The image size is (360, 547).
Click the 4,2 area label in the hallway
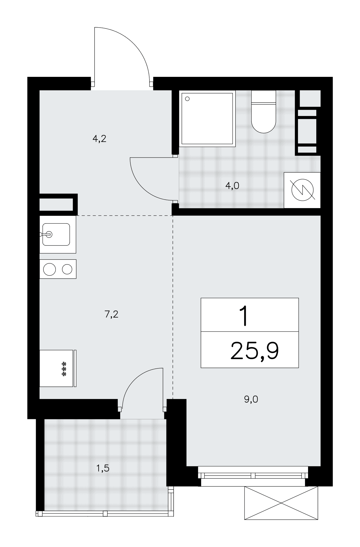pyautogui.click(x=99, y=139)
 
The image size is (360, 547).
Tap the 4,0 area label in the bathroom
pyautogui.click(x=232, y=186)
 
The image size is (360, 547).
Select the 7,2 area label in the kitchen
pyautogui.click(x=111, y=315)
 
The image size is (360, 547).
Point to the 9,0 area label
pyautogui.click(x=251, y=400)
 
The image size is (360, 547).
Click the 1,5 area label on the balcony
pyautogui.click(x=103, y=469)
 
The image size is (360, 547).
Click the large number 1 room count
pyautogui.click(x=244, y=316)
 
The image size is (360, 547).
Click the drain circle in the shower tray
pyautogui.click(x=188, y=99)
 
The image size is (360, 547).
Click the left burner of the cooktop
pyautogui.click(x=50, y=269)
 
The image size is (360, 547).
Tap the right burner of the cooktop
pyautogui.click(x=67, y=269)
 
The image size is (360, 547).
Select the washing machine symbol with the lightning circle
pyautogui.click(x=302, y=190)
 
